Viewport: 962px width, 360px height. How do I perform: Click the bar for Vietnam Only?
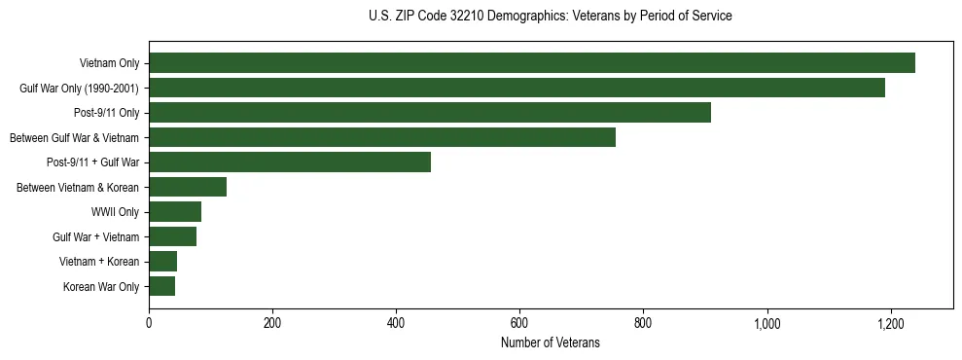click(532, 63)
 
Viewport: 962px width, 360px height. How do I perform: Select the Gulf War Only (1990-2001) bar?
click(517, 88)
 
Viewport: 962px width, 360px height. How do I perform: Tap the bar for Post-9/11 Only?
click(430, 112)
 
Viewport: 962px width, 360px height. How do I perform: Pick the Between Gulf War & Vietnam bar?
click(382, 137)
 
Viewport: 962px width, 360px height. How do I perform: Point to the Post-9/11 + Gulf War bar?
click(290, 162)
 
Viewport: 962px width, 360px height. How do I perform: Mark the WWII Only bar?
click(175, 211)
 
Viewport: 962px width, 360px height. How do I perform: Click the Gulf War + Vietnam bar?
click(172, 236)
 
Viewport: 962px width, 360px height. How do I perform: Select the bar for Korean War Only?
click(161, 286)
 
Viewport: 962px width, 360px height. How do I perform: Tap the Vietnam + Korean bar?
click(162, 261)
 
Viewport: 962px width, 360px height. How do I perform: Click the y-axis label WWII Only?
click(115, 212)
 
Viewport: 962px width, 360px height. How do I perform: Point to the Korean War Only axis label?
click(101, 287)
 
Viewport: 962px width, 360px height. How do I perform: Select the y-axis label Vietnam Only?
click(109, 64)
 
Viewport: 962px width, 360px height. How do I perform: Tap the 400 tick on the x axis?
click(396, 323)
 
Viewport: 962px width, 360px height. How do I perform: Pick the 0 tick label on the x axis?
click(149, 323)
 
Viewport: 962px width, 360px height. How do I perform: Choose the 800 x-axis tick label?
click(643, 323)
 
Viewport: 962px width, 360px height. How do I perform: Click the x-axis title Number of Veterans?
click(551, 342)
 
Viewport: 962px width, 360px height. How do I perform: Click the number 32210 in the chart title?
click(463, 17)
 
